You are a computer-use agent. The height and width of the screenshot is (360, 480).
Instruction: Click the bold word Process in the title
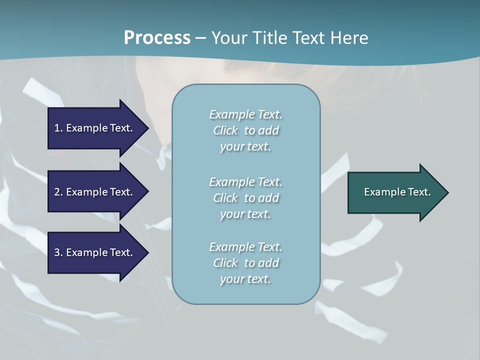[x=157, y=38]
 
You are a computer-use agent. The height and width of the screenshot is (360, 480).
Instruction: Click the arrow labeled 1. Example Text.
[x=95, y=128]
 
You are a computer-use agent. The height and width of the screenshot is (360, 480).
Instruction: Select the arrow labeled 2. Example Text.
[x=95, y=192]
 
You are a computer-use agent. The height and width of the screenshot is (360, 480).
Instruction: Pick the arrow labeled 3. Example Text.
[x=95, y=252]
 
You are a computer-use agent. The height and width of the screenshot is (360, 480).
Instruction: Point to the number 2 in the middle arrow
[x=57, y=192]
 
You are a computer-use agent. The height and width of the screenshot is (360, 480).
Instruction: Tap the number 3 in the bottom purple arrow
[x=57, y=252]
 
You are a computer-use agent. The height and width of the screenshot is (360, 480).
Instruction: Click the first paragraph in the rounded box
[x=245, y=130]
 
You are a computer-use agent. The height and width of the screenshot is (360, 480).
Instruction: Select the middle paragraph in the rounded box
[x=245, y=198]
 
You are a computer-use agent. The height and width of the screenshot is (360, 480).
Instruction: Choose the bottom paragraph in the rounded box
[x=245, y=263]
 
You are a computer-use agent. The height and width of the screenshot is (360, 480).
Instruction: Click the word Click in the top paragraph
[x=225, y=130]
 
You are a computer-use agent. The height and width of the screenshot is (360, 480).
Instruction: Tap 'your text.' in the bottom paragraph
[x=245, y=279]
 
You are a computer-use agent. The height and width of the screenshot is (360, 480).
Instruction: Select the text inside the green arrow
[x=397, y=192]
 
